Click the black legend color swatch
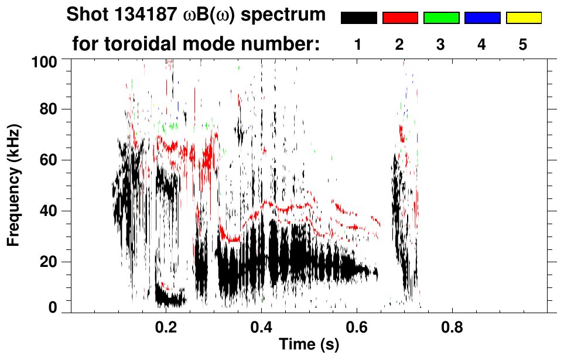tap(358, 18)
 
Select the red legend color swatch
tap(400, 18)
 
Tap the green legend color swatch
tap(441, 18)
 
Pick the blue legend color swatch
tap(482, 18)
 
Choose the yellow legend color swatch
tap(524, 18)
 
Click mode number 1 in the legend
tap(358, 44)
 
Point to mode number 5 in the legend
tap(523, 44)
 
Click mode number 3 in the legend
tap(441, 44)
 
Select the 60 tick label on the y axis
tap(49, 160)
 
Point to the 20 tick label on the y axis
tap(49, 261)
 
